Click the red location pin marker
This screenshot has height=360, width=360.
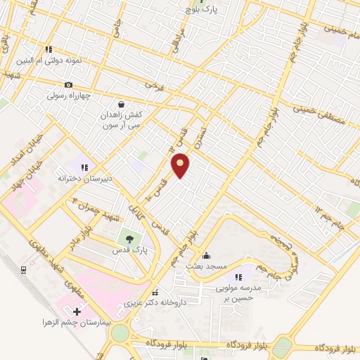181,165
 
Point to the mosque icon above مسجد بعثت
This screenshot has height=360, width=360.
206,255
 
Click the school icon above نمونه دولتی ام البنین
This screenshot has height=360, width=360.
49,50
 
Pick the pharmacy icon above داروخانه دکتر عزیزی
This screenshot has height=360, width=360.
155,292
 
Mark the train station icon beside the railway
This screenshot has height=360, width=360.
24,269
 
